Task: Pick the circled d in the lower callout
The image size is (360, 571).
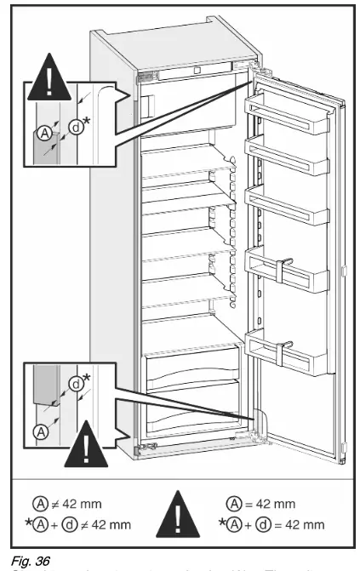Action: point(75,384)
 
